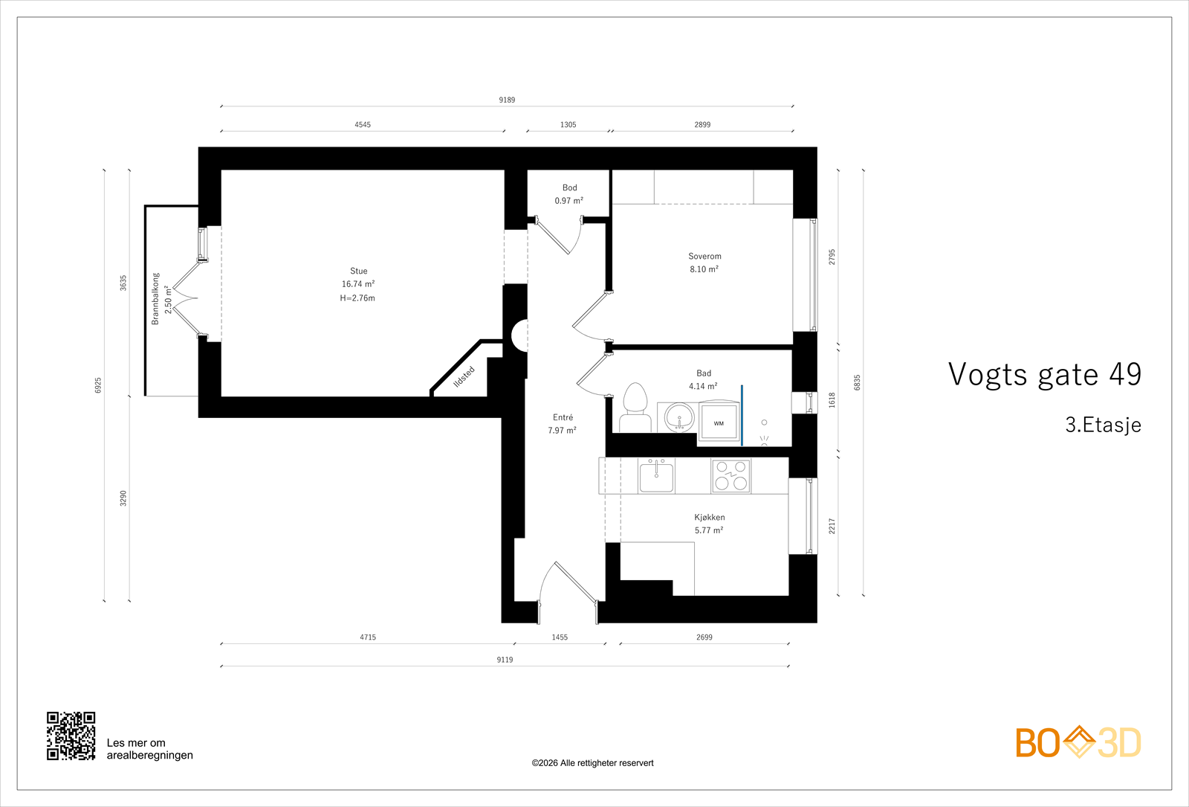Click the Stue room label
358,271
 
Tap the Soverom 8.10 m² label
704,263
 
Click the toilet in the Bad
635,407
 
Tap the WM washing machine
719,422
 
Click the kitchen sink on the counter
657,476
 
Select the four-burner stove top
731,475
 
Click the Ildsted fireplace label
464,377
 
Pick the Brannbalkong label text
155,299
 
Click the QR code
71,736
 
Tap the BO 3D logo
1078,742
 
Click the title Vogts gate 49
1045,374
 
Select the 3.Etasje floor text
1103,425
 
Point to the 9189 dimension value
507,100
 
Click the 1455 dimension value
560,637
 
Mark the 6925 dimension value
98,385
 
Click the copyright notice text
592,763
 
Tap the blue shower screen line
742,416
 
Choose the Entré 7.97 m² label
562,424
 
